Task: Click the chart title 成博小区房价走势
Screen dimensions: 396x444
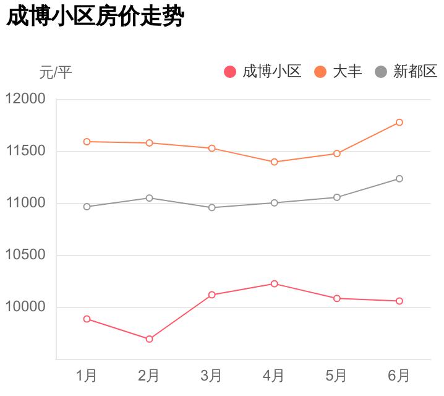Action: click(x=95, y=17)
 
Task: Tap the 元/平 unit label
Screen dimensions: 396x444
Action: click(x=56, y=72)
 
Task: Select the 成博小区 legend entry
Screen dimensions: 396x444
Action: click(x=263, y=72)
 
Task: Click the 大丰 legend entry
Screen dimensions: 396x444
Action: click(x=339, y=72)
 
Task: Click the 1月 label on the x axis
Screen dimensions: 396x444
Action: click(x=87, y=376)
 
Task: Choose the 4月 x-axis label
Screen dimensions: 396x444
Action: click(x=274, y=376)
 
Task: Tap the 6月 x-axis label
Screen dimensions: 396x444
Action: click(x=399, y=376)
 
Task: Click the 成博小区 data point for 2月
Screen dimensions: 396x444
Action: click(x=149, y=339)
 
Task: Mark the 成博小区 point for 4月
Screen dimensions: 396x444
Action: click(x=274, y=283)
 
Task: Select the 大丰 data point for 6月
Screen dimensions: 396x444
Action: click(x=399, y=123)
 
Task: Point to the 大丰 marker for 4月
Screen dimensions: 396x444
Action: click(x=274, y=162)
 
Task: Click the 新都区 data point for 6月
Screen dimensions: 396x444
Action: click(x=399, y=179)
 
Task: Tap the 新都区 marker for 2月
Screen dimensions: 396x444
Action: click(x=149, y=198)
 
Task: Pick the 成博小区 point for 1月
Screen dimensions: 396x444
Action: click(x=87, y=319)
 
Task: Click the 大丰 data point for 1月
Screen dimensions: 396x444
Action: click(x=87, y=142)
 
